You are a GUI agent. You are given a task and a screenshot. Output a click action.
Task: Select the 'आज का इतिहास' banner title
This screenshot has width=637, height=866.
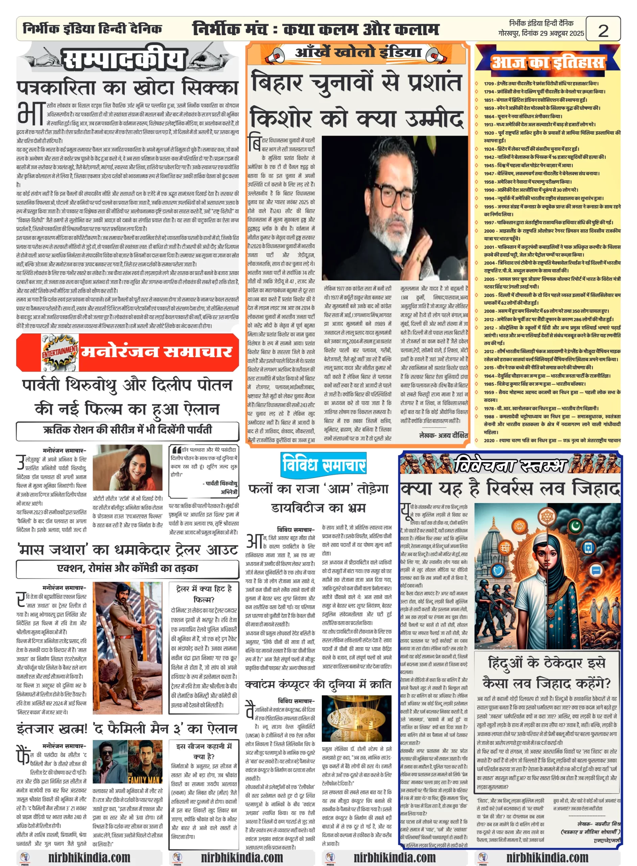[x=547, y=63]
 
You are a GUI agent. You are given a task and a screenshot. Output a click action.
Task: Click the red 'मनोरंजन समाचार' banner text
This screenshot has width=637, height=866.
[x=156, y=351]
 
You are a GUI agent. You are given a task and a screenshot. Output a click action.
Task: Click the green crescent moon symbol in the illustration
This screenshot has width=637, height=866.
[x=576, y=525]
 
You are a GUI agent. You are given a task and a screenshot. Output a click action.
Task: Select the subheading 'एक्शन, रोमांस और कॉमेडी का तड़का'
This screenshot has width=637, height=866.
[x=127, y=568]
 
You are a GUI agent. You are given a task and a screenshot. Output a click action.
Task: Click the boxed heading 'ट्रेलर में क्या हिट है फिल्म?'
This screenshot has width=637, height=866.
[x=204, y=594]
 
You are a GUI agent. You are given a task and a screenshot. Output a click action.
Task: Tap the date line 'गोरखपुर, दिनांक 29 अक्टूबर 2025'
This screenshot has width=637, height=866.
[x=541, y=33]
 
